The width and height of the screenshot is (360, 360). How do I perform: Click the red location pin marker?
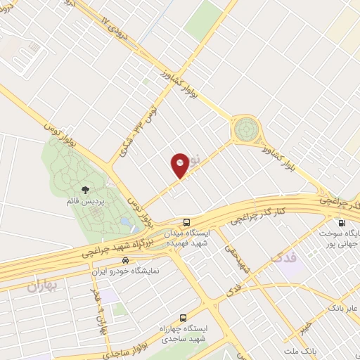tap(180, 165)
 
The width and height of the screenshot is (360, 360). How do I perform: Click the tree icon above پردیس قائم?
tap(85, 190)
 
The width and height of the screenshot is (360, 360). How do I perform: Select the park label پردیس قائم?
tap(89, 202)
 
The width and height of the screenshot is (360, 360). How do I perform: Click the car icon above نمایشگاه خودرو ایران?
tap(126, 259)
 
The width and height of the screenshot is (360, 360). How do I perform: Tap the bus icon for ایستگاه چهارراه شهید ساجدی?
tap(184, 318)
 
